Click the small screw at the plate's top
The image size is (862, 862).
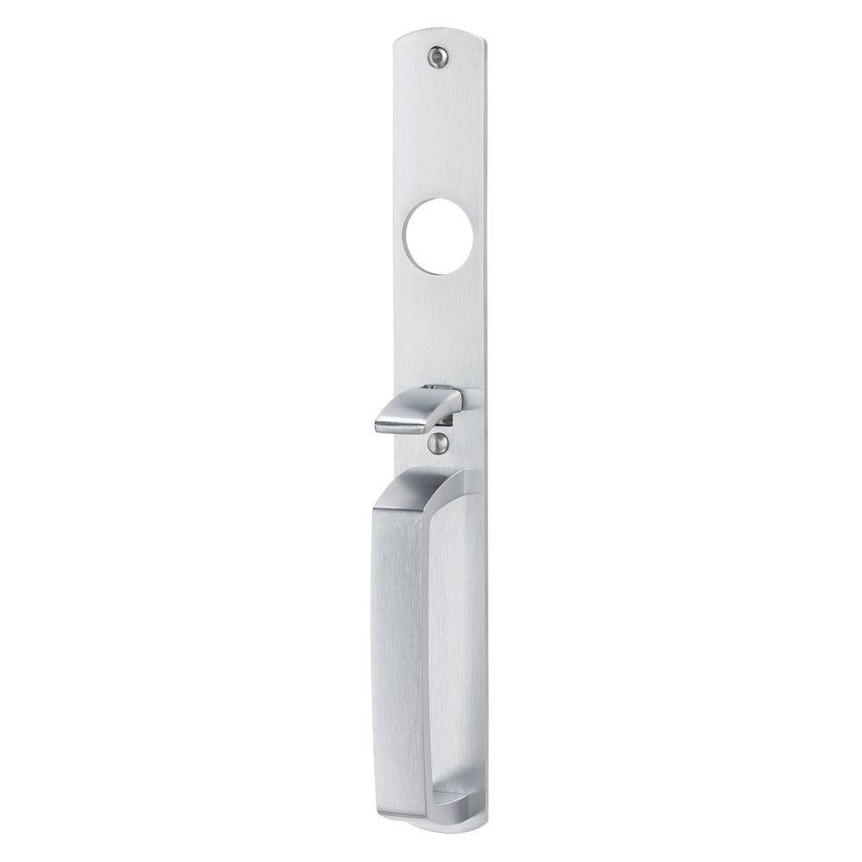tap(439, 55)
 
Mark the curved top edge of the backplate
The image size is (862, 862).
tap(439, 35)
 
